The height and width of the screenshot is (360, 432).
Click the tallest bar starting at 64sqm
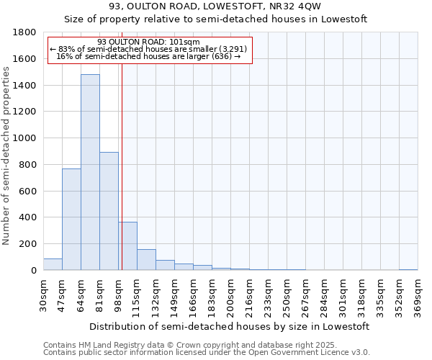pyautogui.click(x=90, y=173)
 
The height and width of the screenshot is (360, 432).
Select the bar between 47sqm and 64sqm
pyautogui.click(x=71, y=220)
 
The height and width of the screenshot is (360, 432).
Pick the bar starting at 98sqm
pyautogui.click(x=127, y=246)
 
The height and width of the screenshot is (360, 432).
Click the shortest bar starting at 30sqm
pyautogui.click(x=53, y=264)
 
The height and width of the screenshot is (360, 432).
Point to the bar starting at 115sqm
pyautogui.click(x=146, y=260)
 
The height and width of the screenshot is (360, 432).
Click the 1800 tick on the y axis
pyautogui.click(x=27, y=32)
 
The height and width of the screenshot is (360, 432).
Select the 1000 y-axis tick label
pyautogui.click(x=27, y=138)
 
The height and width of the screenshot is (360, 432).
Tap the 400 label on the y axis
pyautogui.click(x=30, y=217)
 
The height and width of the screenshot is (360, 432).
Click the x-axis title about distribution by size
pyautogui.click(x=230, y=326)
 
